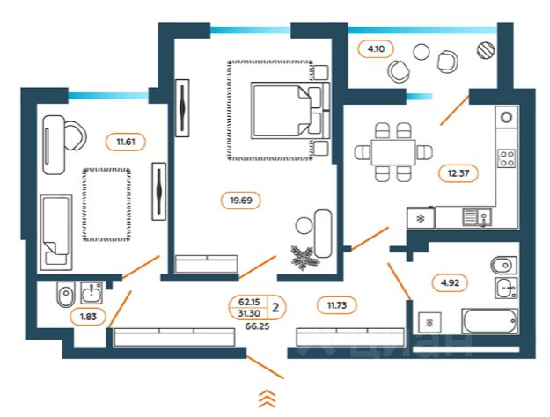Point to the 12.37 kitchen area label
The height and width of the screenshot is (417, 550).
point(458,172)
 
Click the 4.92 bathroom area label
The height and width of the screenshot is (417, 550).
point(449,283)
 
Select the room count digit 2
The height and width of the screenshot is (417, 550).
point(276,308)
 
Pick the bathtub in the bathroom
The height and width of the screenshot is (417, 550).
point(490,320)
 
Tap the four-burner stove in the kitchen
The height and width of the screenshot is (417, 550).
point(507,158)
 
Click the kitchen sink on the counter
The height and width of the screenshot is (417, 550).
point(476,216)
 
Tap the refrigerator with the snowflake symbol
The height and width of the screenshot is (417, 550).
point(420,217)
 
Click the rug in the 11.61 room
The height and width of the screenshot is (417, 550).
point(107,203)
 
